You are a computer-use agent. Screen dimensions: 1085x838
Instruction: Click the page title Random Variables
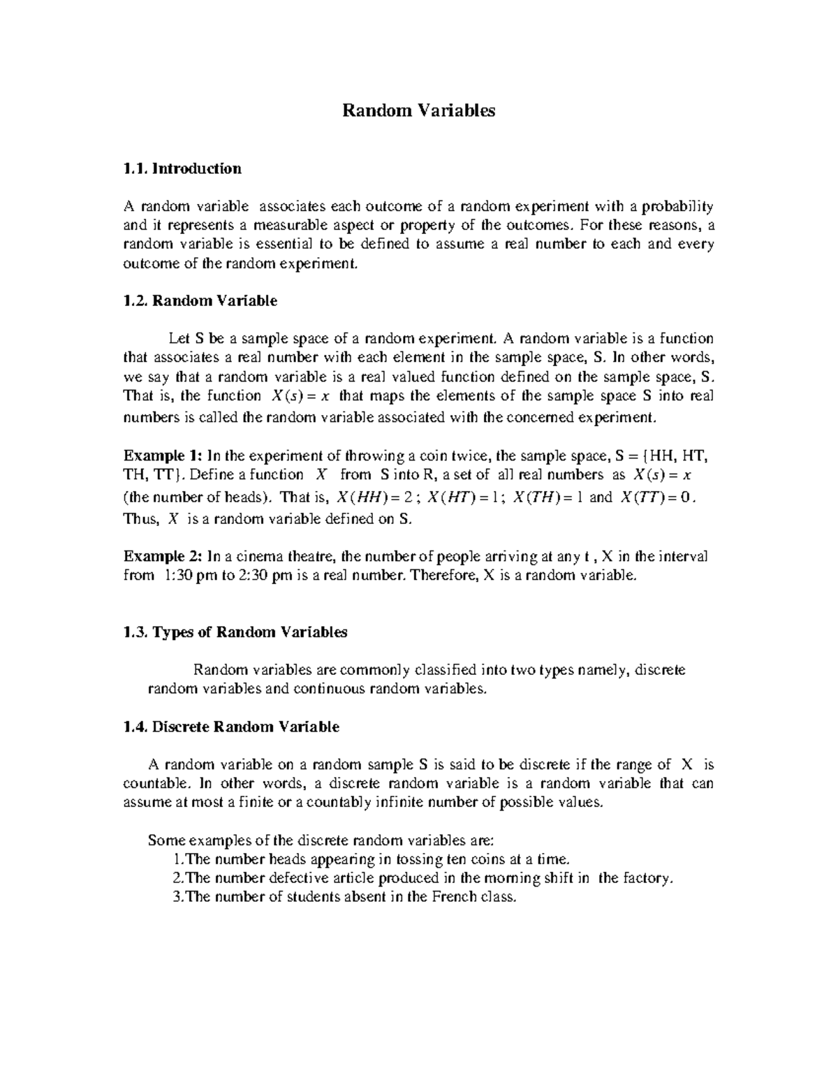coord(418,110)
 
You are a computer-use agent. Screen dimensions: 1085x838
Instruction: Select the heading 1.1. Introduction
coord(182,168)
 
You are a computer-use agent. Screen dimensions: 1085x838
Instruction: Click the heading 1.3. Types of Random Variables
coord(235,632)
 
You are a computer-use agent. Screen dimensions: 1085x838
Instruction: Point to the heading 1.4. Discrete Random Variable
coord(231,727)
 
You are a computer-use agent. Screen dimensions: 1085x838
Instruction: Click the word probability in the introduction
coord(677,207)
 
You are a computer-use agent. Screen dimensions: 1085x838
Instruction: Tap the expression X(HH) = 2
coord(376,497)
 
